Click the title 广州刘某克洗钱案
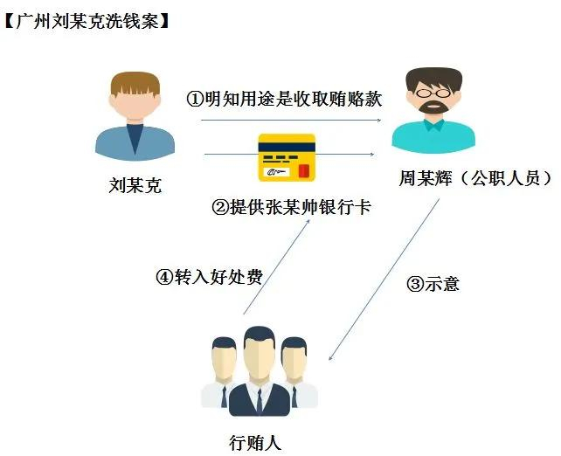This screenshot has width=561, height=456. tap(87, 22)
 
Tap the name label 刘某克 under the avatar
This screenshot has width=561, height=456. tap(135, 185)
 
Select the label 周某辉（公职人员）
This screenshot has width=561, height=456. tap(476, 177)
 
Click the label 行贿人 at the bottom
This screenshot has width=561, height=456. tap(255, 443)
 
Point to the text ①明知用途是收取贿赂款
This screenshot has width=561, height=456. tap(285, 99)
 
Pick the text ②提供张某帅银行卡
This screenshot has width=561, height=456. tap(292, 207)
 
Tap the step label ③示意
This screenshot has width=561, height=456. tap(433, 284)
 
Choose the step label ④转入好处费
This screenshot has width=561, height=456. tap(210, 276)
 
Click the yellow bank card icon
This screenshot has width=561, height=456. tap(287, 157)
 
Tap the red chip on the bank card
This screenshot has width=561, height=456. tap(304, 170)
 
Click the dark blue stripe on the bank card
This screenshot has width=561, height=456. tap(287, 147)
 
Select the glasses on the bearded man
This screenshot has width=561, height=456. tap(433, 93)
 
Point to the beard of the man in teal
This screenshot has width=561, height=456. tap(433, 107)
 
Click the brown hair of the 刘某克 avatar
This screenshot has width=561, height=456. tap(135, 83)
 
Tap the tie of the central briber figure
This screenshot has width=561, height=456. tap(260, 402)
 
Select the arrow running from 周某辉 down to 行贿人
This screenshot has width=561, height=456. tap(384, 280)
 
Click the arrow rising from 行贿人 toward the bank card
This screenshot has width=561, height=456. tap(276, 266)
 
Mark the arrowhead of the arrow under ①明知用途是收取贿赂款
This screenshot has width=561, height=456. tap(379, 121)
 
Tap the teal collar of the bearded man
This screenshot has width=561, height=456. tap(434, 124)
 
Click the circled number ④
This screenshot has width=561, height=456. tap(164, 276)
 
